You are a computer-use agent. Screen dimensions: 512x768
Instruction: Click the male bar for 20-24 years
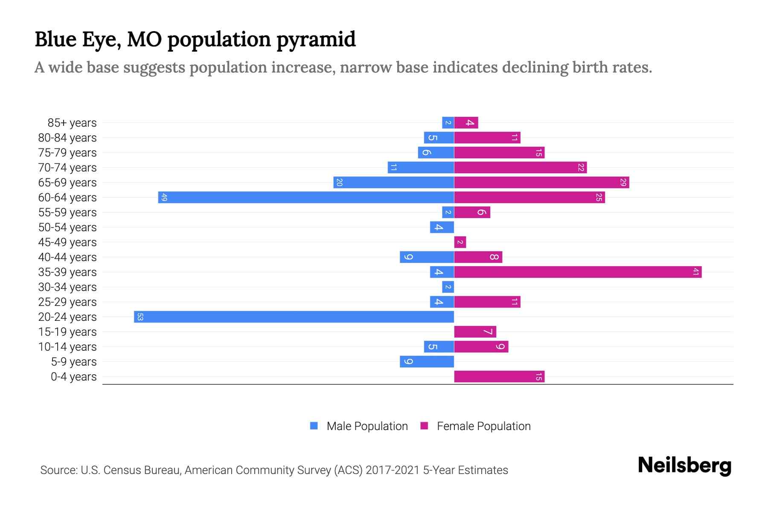pos(294,317)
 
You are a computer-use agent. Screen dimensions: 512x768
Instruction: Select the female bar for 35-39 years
pos(578,272)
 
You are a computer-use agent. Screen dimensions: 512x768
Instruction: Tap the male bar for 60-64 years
pos(306,198)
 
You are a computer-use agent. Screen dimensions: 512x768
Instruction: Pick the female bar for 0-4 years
pos(499,377)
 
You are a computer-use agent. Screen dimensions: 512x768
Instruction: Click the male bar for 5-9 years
pos(427,362)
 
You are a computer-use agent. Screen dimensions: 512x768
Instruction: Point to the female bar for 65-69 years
pos(541,183)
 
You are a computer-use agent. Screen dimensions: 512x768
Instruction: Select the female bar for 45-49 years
pos(460,242)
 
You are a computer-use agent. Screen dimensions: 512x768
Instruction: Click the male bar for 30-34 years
pos(448,287)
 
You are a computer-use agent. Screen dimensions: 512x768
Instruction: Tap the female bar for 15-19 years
pos(475,332)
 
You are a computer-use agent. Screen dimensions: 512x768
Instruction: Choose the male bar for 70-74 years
pos(421,168)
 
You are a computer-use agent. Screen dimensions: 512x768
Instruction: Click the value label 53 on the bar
pos(140,317)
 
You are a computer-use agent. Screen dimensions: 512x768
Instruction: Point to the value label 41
pos(695,272)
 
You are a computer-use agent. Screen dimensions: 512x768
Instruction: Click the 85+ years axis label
pos(72,123)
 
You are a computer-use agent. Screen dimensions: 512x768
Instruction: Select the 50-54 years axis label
pos(67,227)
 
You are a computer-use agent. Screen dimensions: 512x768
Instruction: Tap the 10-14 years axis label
pos(67,347)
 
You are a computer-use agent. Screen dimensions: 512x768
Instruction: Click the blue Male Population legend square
pos(314,426)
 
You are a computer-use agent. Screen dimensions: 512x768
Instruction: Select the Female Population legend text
pos(483,426)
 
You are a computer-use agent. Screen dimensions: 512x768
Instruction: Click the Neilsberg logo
pos(684,465)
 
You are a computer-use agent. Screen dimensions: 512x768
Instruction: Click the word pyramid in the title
pos(316,40)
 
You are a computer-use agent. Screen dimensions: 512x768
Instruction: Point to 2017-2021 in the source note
pos(393,470)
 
